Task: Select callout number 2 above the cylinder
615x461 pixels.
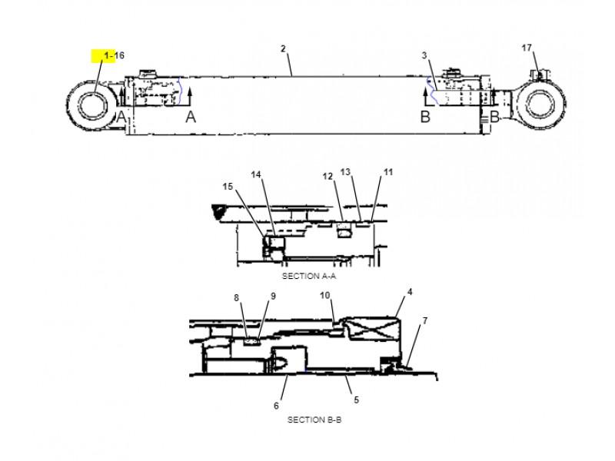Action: (x=283, y=48)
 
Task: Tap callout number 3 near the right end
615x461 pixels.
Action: (x=424, y=55)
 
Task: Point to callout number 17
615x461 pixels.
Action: (x=527, y=48)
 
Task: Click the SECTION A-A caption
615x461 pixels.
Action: (x=309, y=276)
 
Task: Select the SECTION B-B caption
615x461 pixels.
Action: (x=314, y=420)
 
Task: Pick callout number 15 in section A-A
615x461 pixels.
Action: (x=228, y=187)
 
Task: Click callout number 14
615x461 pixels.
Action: (x=256, y=174)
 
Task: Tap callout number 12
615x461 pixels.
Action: (x=327, y=177)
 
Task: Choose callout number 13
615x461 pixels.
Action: (x=345, y=172)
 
